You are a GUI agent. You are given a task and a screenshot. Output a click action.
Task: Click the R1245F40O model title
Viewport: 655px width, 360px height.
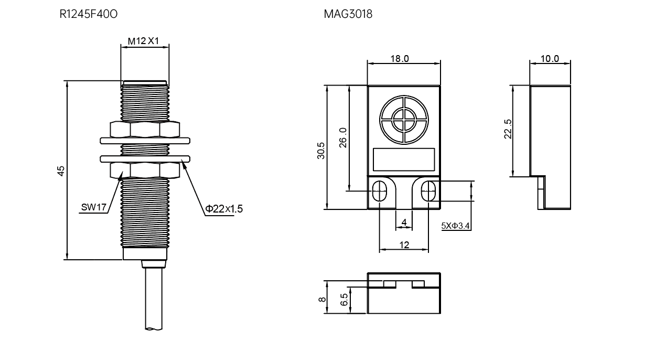[x=88, y=14]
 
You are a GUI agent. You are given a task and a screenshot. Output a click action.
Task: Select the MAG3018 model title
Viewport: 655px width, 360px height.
[x=348, y=14]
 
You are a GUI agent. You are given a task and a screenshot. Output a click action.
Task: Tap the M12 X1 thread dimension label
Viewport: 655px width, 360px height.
[x=143, y=41]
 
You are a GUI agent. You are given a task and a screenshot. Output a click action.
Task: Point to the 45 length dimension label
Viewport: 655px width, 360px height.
[x=60, y=171]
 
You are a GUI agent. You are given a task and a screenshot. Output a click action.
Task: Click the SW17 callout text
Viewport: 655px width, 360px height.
[x=93, y=207]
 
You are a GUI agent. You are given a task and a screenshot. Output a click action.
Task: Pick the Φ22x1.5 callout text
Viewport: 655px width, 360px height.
[x=224, y=209]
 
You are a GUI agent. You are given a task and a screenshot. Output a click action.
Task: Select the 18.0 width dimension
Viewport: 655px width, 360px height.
[x=400, y=59]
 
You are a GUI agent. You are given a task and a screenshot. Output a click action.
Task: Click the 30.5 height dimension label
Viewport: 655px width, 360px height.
[x=321, y=151]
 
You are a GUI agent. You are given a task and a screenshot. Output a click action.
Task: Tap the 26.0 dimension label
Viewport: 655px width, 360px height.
[x=342, y=137]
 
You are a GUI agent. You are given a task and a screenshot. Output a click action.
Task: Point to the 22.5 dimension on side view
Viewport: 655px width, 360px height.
[x=508, y=129]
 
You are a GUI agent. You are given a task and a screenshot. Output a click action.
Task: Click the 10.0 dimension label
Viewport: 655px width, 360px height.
[x=550, y=59]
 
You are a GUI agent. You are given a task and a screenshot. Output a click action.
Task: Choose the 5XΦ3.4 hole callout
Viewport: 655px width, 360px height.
[x=455, y=226]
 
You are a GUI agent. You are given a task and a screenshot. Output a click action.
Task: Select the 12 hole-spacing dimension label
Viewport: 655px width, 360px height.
[x=404, y=245]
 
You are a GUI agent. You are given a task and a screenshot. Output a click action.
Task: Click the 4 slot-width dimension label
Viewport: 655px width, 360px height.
[x=404, y=223]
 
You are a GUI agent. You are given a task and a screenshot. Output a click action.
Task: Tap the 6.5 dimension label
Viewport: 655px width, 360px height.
[x=345, y=300]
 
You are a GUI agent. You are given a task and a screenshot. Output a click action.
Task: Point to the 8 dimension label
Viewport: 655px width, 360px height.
[x=322, y=300]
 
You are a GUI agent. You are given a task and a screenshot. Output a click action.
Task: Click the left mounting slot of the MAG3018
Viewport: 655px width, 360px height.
[x=379, y=191]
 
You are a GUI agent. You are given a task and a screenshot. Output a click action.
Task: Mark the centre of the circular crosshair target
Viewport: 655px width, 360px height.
[x=404, y=120]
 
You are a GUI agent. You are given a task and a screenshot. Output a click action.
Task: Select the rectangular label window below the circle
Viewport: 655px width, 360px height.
[x=404, y=160]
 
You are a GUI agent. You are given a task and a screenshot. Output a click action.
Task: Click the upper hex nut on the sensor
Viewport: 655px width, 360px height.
[x=145, y=130]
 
